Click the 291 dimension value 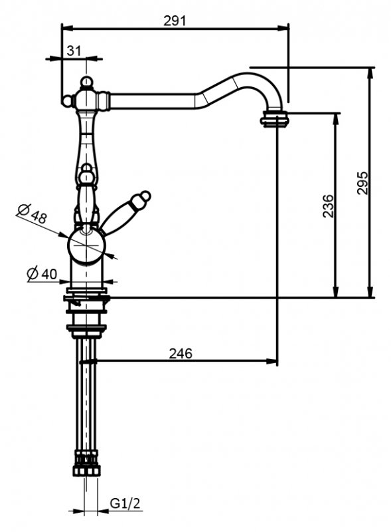[x=175, y=21]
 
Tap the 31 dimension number [x=74, y=51]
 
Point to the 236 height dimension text [x=328, y=205]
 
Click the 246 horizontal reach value [x=181, y=354]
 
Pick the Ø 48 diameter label [x=31, y=213]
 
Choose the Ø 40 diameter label [x=42, y=273]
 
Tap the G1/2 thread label [x=125, y=503]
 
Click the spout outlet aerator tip [x=274, y=119]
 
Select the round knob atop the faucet [x=87, y=82]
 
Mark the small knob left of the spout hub [x=67, y=100]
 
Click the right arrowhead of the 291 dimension [x=283, y=28]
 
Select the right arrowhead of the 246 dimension [x=272, y=361]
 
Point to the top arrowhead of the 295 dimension [x=370, y=73]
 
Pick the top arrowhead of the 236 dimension [x=335, y=119]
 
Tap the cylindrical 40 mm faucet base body [x=87, y=274]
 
